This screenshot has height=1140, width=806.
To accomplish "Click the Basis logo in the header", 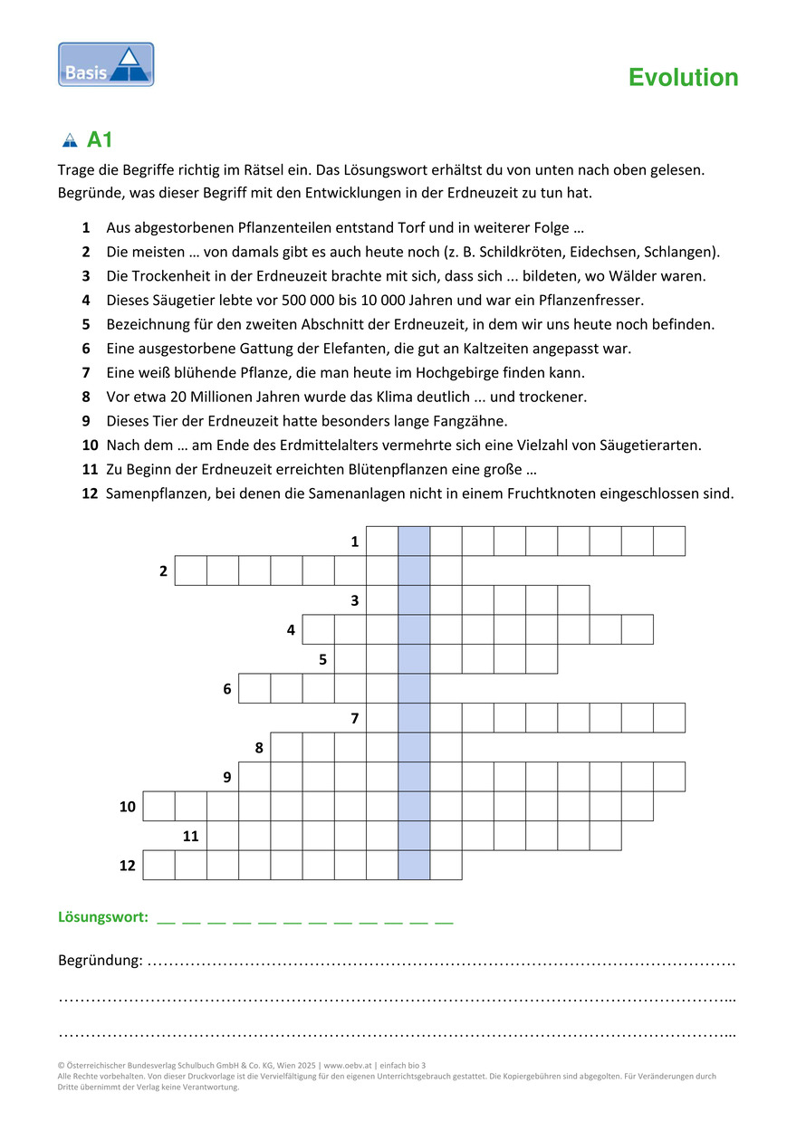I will (106, 64).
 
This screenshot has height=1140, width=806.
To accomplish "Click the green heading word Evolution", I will (683, 78).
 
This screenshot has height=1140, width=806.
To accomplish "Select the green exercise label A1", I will (100, 140).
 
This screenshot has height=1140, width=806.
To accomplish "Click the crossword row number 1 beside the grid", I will (355, 541).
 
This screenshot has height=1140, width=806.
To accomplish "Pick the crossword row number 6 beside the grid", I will (227, 689).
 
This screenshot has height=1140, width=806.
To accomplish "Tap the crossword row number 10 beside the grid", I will (128, 806).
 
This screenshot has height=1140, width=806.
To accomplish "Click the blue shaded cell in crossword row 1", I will (414, 541).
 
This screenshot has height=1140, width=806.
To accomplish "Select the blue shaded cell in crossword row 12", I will (414, 865).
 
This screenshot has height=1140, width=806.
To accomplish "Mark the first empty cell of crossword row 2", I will (190, 570).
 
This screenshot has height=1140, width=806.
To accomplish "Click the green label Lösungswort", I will (103, 917).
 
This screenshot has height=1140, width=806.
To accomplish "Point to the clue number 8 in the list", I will (85, 397).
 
